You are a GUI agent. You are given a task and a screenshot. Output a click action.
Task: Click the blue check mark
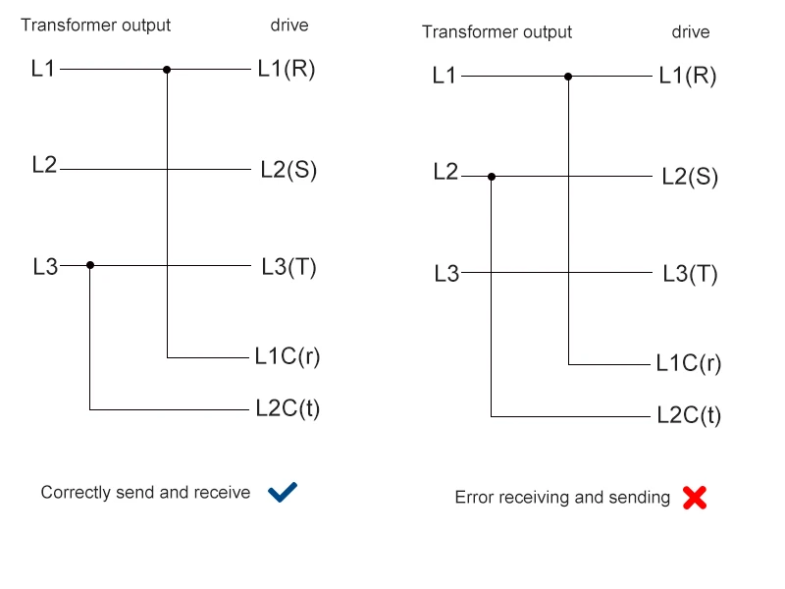(283, 492)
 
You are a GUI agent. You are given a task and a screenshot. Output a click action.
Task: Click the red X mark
(695, 498)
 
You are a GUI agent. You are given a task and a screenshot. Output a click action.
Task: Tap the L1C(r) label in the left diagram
(288, 356)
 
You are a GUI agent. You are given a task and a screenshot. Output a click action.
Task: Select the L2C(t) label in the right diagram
(689, 414)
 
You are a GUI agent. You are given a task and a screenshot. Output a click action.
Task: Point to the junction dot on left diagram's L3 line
(90, 265)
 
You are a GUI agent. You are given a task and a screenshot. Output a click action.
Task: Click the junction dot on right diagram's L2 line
(492, 177)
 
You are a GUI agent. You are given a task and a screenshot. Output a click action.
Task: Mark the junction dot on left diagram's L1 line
(167, 70)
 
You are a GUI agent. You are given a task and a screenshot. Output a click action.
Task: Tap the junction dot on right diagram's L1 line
(568, 76)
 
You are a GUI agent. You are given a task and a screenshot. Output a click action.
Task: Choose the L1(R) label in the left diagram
(287, 69)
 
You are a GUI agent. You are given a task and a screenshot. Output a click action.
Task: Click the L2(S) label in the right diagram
(690, 177)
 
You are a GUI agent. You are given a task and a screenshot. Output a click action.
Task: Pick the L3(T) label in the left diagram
(288, 266)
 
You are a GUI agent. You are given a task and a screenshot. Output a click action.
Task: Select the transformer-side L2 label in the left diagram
(44, 165)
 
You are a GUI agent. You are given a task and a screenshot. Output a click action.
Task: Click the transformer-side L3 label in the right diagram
(446, 274)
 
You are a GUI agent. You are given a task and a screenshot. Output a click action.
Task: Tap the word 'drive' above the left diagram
(288, 26)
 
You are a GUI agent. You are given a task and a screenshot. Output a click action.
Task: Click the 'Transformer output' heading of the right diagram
(497, 31)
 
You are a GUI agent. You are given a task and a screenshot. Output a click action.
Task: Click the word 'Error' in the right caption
(474, 498)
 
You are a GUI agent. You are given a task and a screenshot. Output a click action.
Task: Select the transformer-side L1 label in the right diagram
(445, 75)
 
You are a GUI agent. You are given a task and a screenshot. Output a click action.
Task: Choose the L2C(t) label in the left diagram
(288, 407)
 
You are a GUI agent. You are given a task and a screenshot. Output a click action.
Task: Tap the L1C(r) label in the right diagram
(689, 363)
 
